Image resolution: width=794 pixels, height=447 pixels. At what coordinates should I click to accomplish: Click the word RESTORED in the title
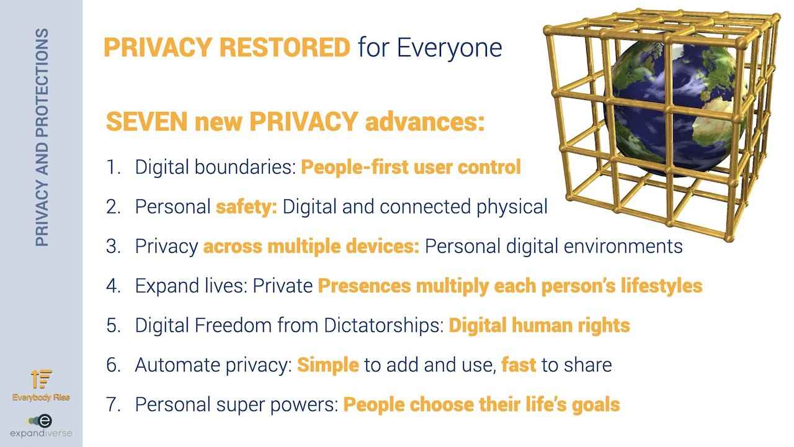coord(285,47)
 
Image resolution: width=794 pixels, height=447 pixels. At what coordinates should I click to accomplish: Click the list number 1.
coord(114,167)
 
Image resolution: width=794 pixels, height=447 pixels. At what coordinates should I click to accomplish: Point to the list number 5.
coord(114,325)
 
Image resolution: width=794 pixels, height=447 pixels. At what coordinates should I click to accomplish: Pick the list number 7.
coord(114,404)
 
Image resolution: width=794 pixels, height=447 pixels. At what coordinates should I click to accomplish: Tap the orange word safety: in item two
coord(247,207)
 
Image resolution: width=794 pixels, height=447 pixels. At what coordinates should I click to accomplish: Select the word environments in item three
coord(623,246)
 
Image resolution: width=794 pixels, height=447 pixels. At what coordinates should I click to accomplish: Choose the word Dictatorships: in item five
coord(383,325)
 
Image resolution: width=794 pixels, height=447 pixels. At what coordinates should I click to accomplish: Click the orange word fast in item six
coord(519,365)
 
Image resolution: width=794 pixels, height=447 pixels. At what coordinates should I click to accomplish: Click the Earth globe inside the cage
coord(674,106)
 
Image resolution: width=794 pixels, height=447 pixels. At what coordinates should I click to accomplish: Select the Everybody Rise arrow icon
coord(41,379)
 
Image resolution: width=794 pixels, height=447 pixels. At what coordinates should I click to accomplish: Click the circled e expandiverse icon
coord(45,421)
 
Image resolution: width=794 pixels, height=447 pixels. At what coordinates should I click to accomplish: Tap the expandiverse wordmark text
coord(41,433)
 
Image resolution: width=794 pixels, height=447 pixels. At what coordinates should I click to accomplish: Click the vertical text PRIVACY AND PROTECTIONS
coord(42,137)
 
